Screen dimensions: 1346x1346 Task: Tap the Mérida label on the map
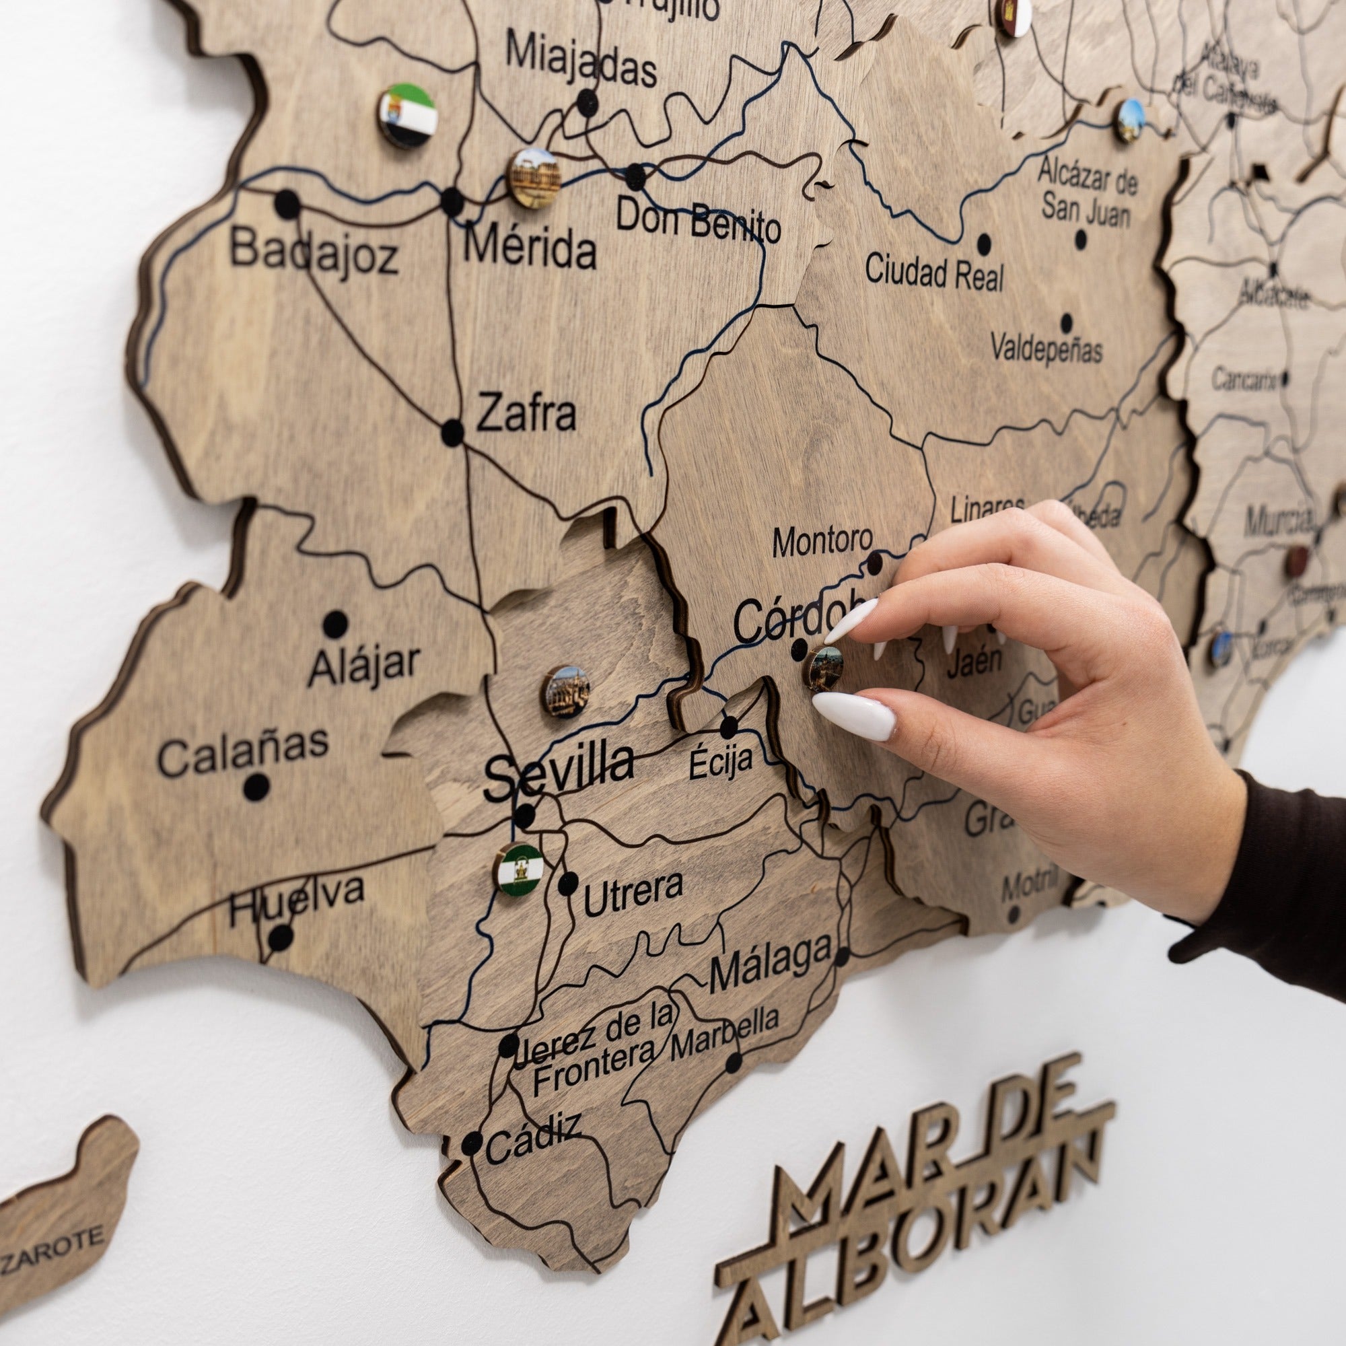click(530, 249)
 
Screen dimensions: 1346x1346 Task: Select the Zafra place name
click(526, 413)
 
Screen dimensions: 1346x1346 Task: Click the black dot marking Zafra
click(452, 433)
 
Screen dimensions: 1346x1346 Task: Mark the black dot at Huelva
click(281, 937)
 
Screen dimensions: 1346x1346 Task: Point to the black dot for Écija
click(728, 727)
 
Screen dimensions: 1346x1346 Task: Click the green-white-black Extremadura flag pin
click(409, 115)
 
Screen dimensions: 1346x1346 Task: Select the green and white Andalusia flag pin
click(519, 869)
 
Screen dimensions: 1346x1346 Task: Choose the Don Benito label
click(697, 219)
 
